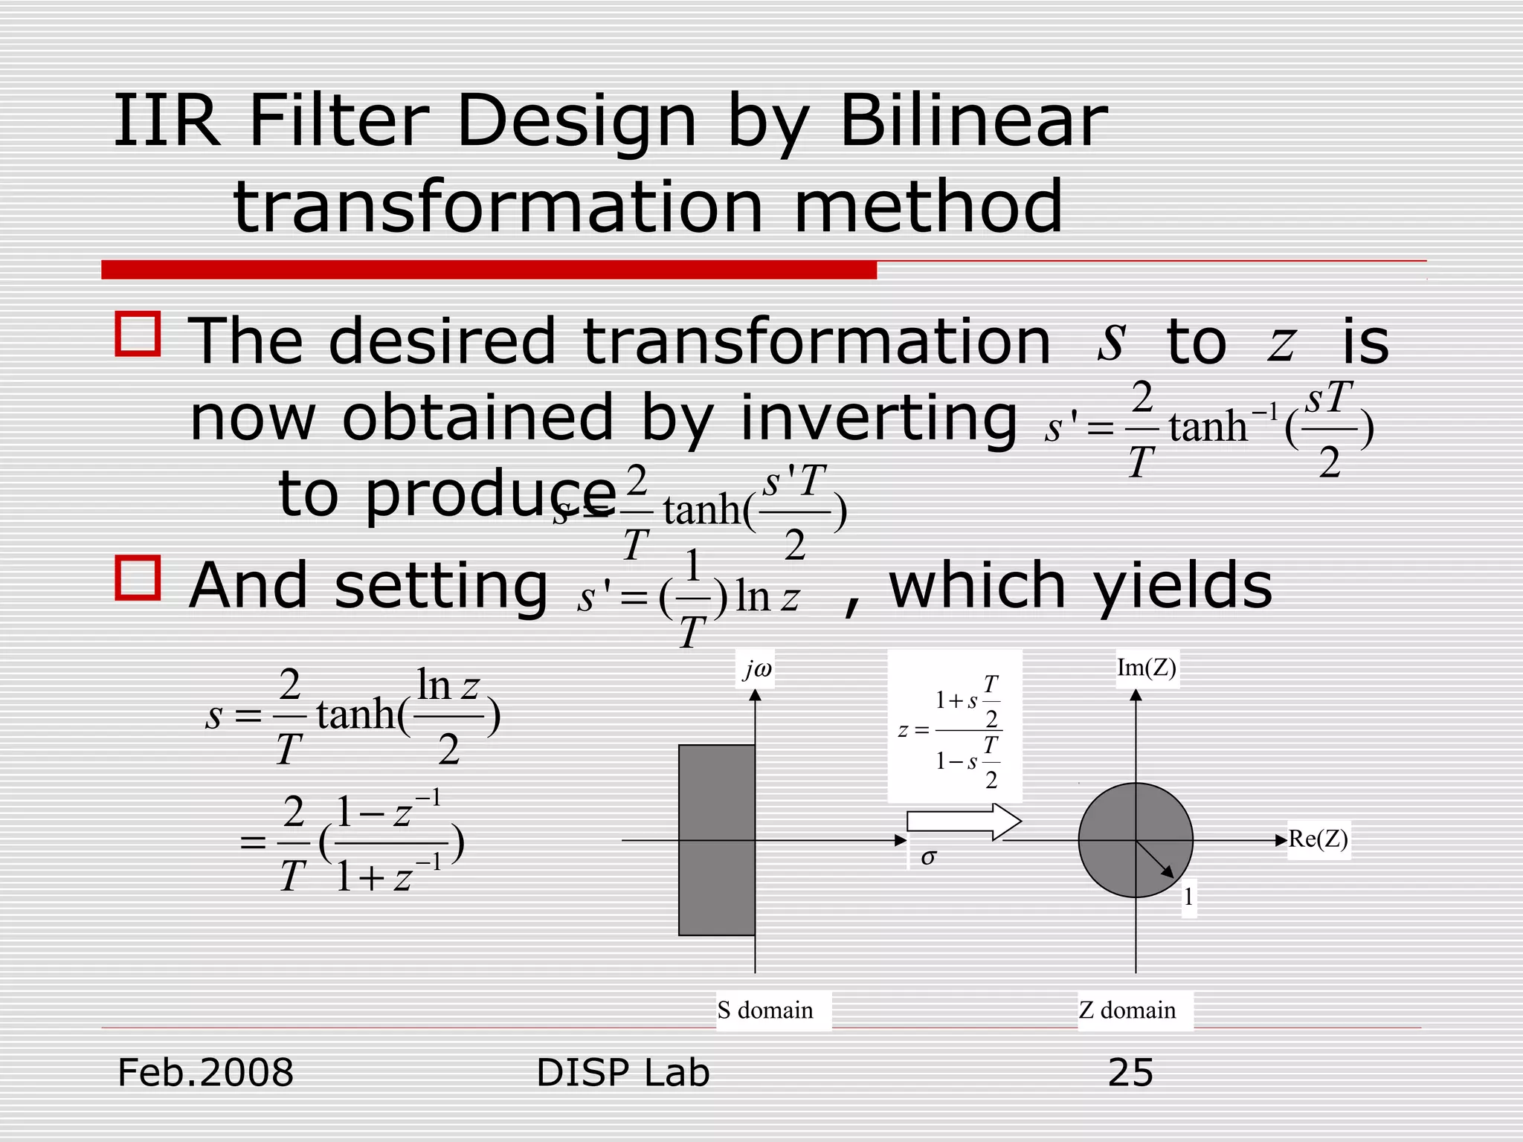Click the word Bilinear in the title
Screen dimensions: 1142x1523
[973, 120]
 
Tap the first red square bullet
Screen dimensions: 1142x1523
[138, 334]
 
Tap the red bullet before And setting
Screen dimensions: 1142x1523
[138, 578]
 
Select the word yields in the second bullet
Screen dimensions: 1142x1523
[1182, 586]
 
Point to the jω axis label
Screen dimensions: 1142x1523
[757, 670]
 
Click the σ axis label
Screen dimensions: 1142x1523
[927, 857]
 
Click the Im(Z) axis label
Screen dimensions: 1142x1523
[1146, 668]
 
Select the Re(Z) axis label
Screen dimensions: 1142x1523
[1318, 839]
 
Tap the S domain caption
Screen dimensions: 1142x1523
[765, 1010]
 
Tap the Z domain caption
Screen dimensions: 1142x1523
[1127, 1010]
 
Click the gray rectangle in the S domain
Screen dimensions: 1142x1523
[717, 840]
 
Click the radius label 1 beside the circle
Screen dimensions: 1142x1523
[1188, 897]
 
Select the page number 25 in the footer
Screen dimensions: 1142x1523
[1130, 1073]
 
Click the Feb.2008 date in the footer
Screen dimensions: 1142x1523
[206, 1073]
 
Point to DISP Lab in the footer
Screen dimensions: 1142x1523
[622, 1073]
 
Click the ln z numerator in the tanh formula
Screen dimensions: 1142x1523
[448, 685]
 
